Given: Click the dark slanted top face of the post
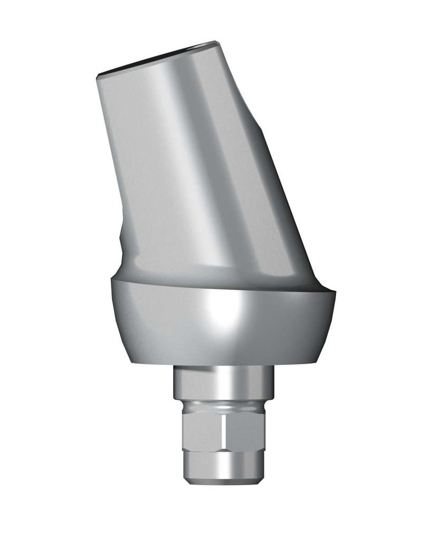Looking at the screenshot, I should pyautogui.click(x=158, y=58).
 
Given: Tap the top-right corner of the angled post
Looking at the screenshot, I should pyautogui.click(x=217, y=42).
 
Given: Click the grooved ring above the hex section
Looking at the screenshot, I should pyautogui.click(x=224, y=406).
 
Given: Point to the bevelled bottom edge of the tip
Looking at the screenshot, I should pyautogui.click(x=224, y=481).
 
